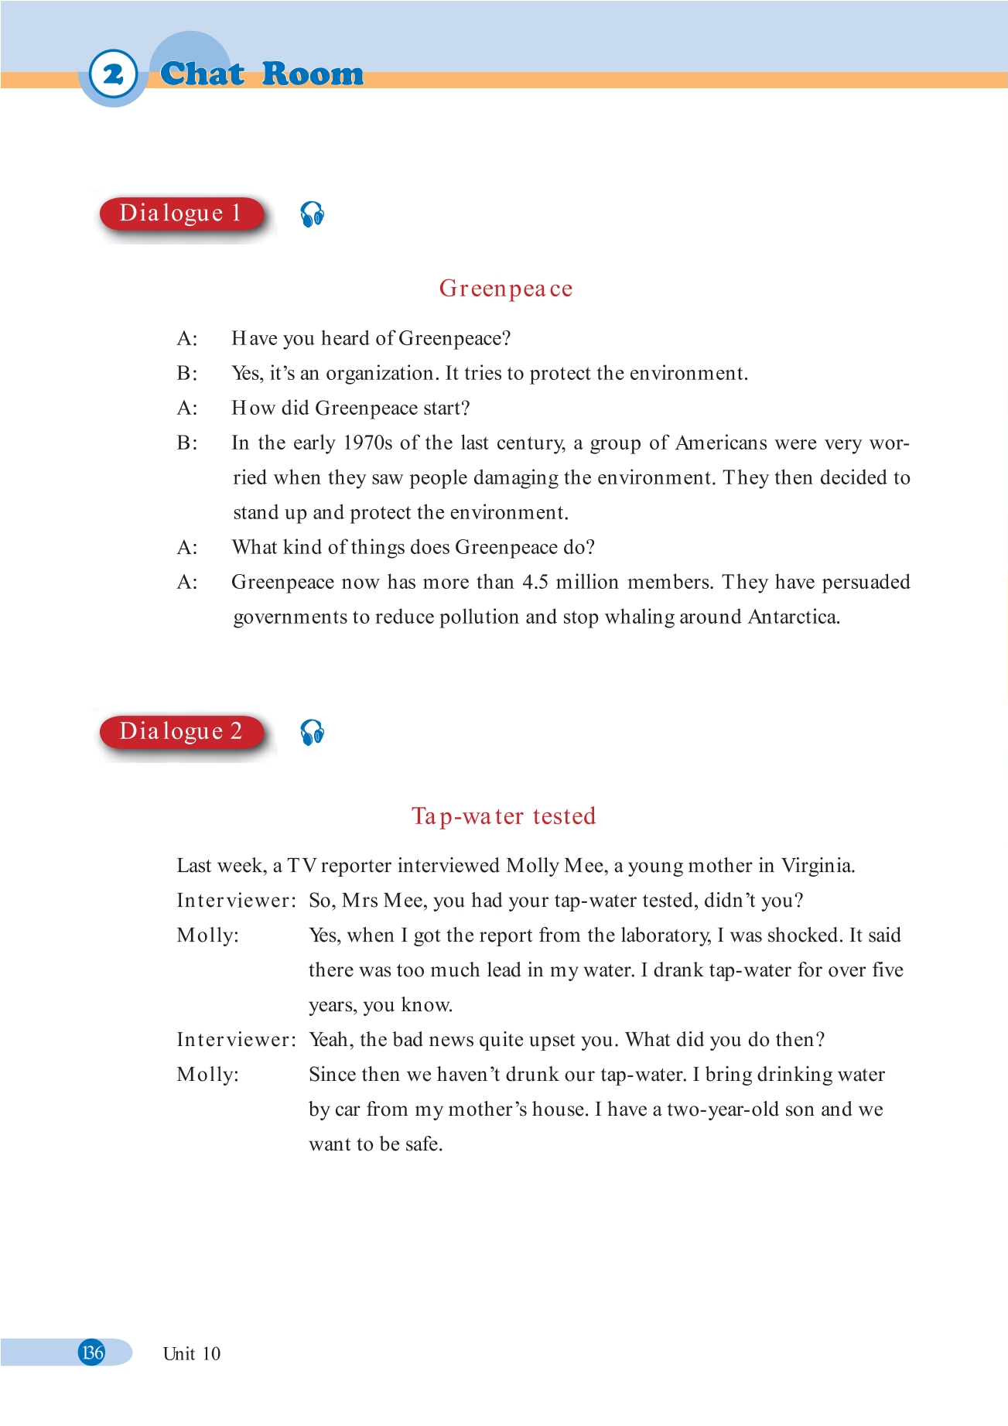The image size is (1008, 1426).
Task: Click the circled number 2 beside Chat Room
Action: pos(113,74)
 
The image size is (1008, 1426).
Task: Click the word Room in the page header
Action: pos(313,74)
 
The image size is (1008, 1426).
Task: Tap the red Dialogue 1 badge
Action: pos(181,214)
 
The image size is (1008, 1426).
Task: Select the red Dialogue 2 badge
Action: pos(181,732)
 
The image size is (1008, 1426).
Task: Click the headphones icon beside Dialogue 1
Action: pos(313,214)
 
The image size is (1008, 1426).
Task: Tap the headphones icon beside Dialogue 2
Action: pos(313,733)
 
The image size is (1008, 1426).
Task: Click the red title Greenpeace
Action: pos(506,289)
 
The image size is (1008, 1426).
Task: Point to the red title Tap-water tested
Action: pos(504,816)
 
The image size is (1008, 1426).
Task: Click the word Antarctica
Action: pos(794,617)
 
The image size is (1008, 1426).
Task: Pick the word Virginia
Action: pos(818,866)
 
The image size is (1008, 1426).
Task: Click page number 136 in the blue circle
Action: pos(92,1352)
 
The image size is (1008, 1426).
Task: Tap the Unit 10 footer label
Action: pos(192,1354)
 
